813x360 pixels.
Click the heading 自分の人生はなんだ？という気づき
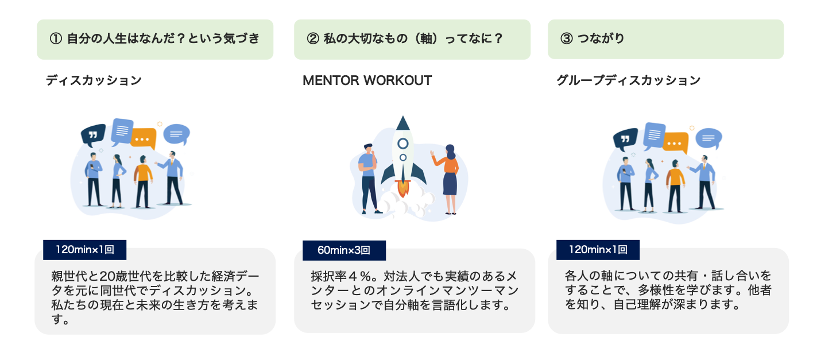[163, 39]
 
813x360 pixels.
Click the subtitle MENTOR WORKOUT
[367, 80]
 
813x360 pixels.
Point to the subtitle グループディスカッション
[628, 80]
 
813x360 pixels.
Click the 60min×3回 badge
[343, 250]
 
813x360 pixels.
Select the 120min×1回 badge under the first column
[84, 250]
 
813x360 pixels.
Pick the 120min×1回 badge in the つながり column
[597, 250]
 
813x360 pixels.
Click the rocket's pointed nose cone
[403, 122]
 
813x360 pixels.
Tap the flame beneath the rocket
[402, 187]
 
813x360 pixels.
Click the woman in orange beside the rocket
[449, 178]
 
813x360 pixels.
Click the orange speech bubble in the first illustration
[143, 138]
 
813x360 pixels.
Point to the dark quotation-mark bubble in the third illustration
[625, 138]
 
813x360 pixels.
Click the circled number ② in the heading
[312, 39]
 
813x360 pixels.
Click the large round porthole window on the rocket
[403, 143]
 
